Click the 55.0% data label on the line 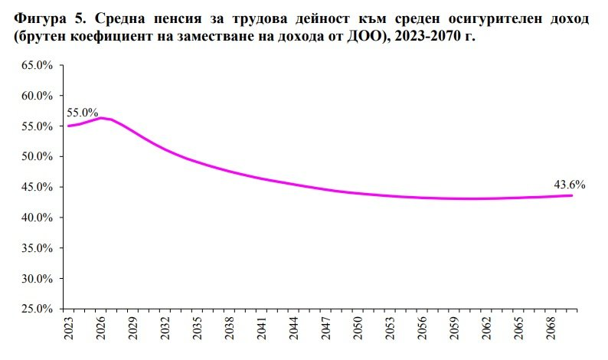83,113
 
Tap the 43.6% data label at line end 570,184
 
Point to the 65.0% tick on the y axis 36,66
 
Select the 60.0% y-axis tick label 36,96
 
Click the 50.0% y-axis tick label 36,157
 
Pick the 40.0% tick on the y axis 36,218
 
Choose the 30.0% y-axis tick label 36,278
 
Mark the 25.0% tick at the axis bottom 36,309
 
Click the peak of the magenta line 101,118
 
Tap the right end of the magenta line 571,195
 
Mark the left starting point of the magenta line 68,126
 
